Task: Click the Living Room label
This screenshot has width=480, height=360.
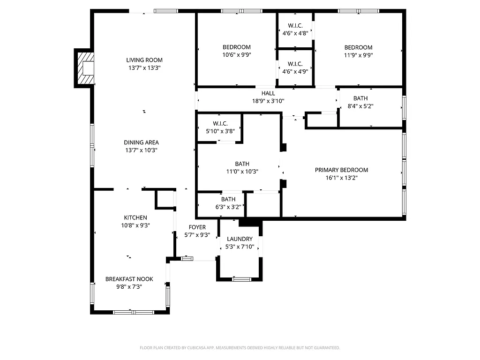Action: [x=144, y=60]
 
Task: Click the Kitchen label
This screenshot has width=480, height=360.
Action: [x=135, y=217]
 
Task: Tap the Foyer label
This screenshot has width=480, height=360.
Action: [x=197, y=227]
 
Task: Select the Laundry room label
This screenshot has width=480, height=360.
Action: [x=240, y=239]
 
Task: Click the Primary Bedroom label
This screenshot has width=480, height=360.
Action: [x=341, y=170]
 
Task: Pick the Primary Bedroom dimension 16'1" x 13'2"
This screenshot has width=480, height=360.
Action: [x=341, y=178]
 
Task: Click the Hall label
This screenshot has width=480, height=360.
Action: [x=268, y=93]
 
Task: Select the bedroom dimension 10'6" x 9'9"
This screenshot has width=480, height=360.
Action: [x=236, y=55]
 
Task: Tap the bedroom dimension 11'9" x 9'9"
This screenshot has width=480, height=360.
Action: [x=358, y=55]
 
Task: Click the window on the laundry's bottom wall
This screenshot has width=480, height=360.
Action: [x=241, y=279]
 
